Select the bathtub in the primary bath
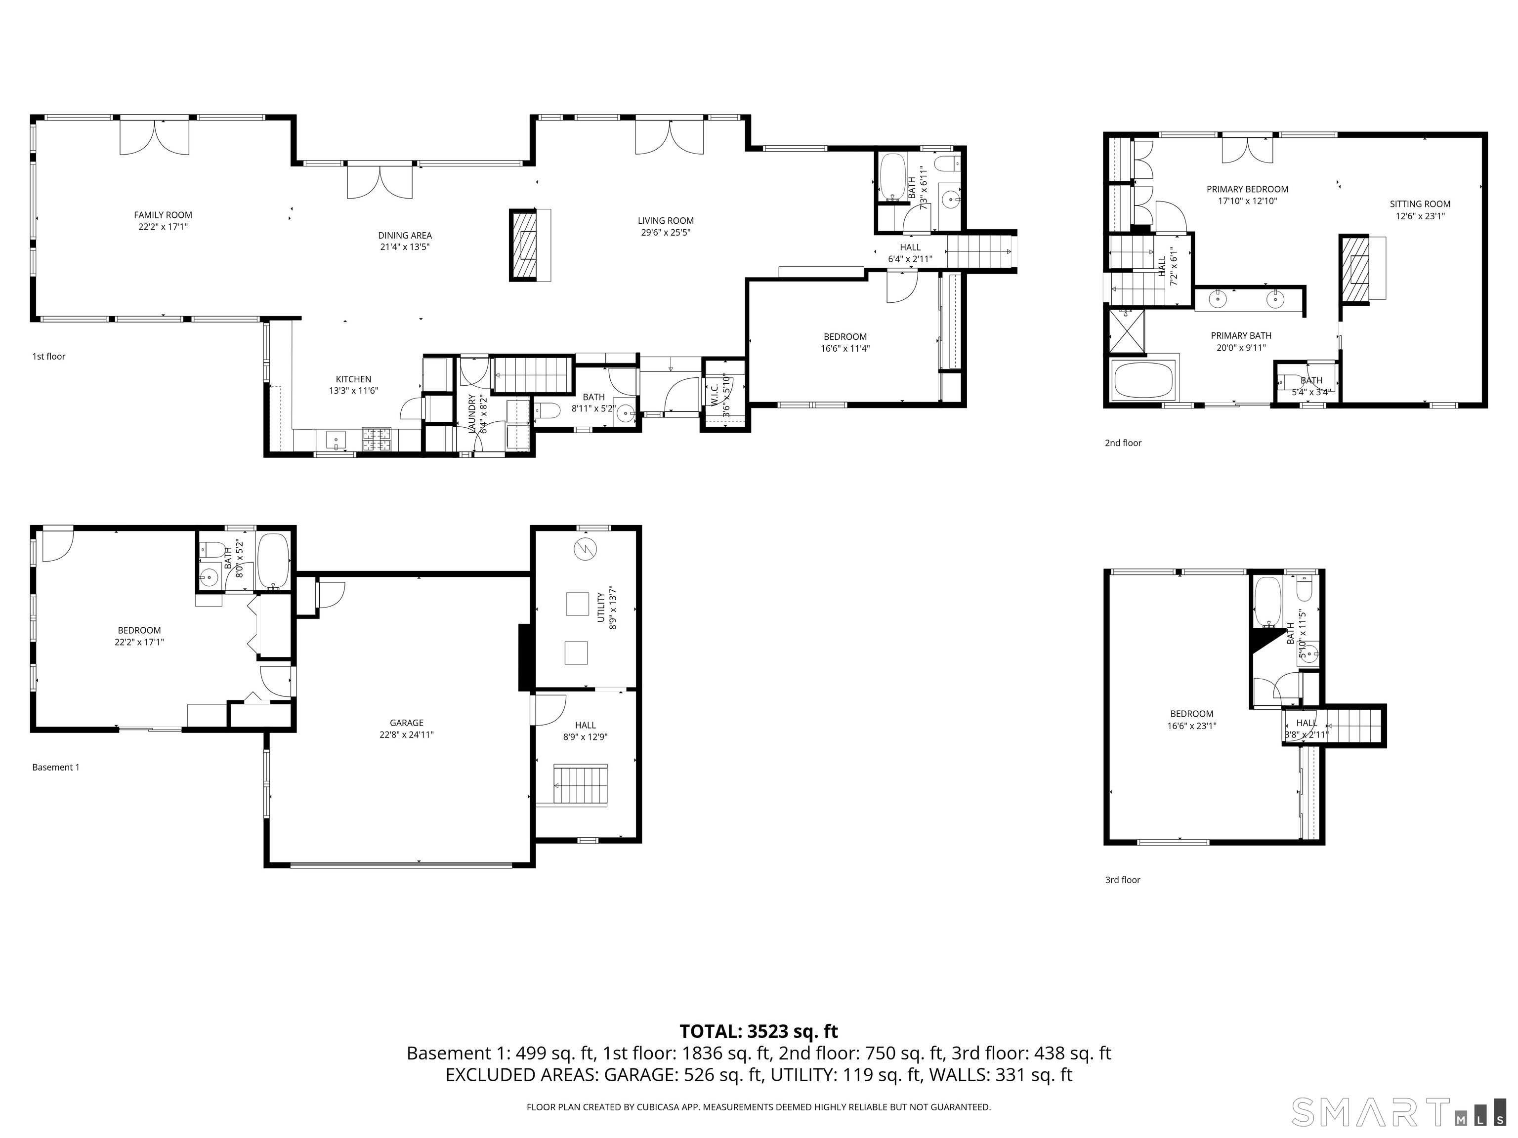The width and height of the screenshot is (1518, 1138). pyautogui.click(x=1142, y=381)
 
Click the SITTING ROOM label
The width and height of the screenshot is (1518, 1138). pyautogui.click(x=1420, y=203)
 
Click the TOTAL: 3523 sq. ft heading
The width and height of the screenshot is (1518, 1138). pyautogui.click(x=759, y=1032)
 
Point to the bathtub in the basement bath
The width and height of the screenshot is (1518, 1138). pyautogui.click(x=274, y=561)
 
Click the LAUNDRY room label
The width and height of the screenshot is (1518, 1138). pyautogui.click(x=472, y=413)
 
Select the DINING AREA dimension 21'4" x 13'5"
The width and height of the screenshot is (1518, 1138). pyautogui.click(x=404, y=247)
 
